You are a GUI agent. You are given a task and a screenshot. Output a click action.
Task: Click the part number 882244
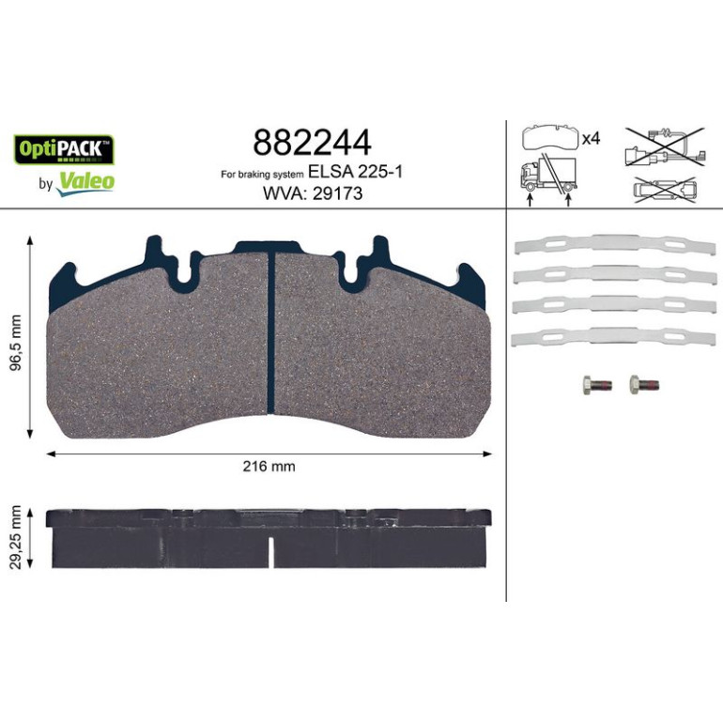312,143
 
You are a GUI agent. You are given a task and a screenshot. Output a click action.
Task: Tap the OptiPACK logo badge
64,150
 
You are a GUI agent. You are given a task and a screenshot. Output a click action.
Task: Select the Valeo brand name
85,182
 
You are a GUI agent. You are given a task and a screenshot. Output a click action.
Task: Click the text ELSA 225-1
355,172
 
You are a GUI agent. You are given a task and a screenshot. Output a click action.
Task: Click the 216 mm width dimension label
269,466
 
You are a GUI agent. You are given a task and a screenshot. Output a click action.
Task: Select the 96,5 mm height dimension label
16,344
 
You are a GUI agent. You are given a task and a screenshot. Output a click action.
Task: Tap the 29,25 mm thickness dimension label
16,537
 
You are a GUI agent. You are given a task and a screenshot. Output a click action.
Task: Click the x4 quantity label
591,138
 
